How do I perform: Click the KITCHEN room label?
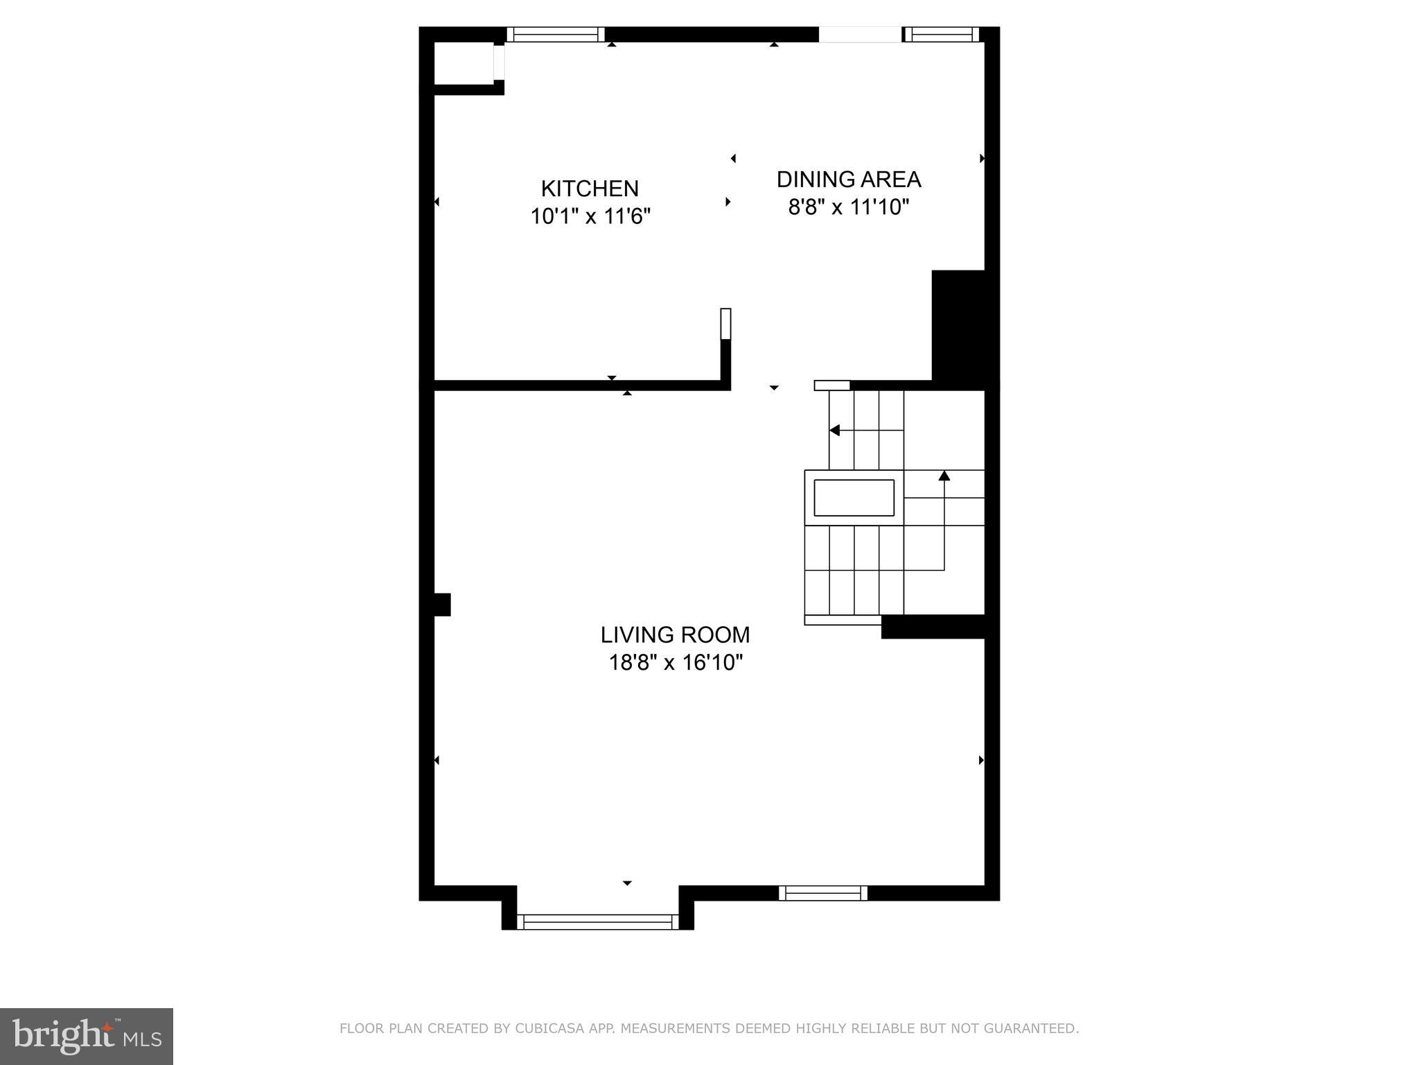tap(590, 189)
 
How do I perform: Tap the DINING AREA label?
tap(848, 180)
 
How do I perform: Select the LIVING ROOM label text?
tap(675, 635)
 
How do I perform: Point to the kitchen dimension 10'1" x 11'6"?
tap(590, 217)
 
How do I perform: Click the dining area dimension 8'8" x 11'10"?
tap(848, 207)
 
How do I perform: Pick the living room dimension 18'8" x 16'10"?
tap(675, 664)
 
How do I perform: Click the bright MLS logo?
tap(86, 1036)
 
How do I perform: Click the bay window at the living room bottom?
tap(598, 921)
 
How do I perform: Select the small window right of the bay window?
tap(823, 893)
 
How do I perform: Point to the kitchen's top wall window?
tap(556, 35)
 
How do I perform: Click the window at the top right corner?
tap(942, 35)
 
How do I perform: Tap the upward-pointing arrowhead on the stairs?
tap(944, 476)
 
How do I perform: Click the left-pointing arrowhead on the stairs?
tap(835, 431)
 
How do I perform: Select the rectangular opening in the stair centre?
tap(854, 498)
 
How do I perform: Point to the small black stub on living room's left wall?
tap(441, 605)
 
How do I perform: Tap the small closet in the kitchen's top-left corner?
tap(463, 64)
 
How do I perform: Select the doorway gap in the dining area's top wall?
tap(861, 35)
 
